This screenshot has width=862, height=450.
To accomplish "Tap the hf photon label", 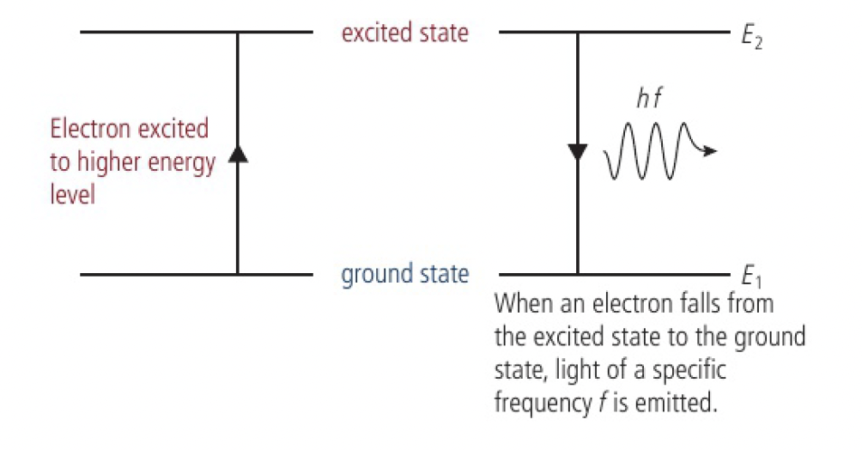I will click(650, 100).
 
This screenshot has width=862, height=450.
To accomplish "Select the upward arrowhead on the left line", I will click(238, 154).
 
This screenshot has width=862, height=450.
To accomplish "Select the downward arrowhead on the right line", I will click(578, 153).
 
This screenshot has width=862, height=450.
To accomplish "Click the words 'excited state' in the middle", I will click(405, 33).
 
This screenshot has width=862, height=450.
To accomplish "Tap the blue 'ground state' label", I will click(405, 275).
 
